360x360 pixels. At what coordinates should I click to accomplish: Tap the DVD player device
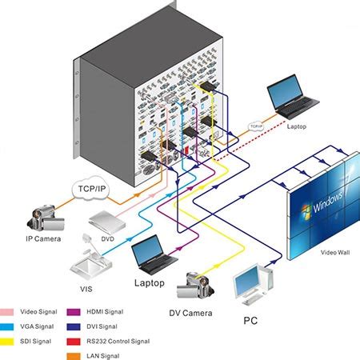click(x=109, y=221)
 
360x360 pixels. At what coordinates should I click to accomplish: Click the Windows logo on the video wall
click(x=303, y=212)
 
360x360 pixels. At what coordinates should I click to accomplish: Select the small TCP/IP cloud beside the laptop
click(x=256, y=126)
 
